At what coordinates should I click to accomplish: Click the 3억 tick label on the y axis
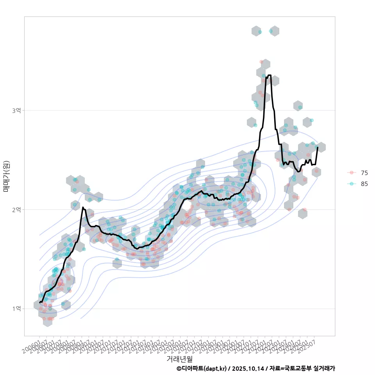pos(16,111)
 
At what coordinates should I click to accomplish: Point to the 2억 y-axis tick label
pos(16,210)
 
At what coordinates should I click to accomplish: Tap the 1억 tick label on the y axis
pos(16,309)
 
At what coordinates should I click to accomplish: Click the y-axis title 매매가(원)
pos(6,176)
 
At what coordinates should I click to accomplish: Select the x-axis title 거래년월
pos(179,359)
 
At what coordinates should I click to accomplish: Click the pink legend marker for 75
pos(352,173)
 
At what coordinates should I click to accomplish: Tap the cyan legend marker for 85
pos(352,184)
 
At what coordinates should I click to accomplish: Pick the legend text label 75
pos(364,173)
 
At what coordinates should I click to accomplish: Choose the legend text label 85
pos(364,184)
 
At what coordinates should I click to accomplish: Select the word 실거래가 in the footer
pos(324,368)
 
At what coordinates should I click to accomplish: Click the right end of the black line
pos(318,148)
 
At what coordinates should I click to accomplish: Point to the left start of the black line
pos(40,302)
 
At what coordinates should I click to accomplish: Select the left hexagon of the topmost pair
pos(256,31)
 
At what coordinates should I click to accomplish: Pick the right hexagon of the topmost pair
pos(275,31)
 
